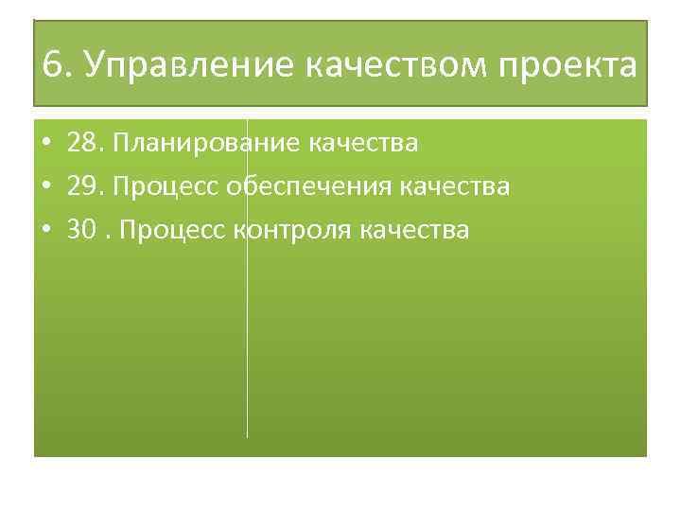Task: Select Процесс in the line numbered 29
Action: (x=166, y=186)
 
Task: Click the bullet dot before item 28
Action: (x=45, y=145)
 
